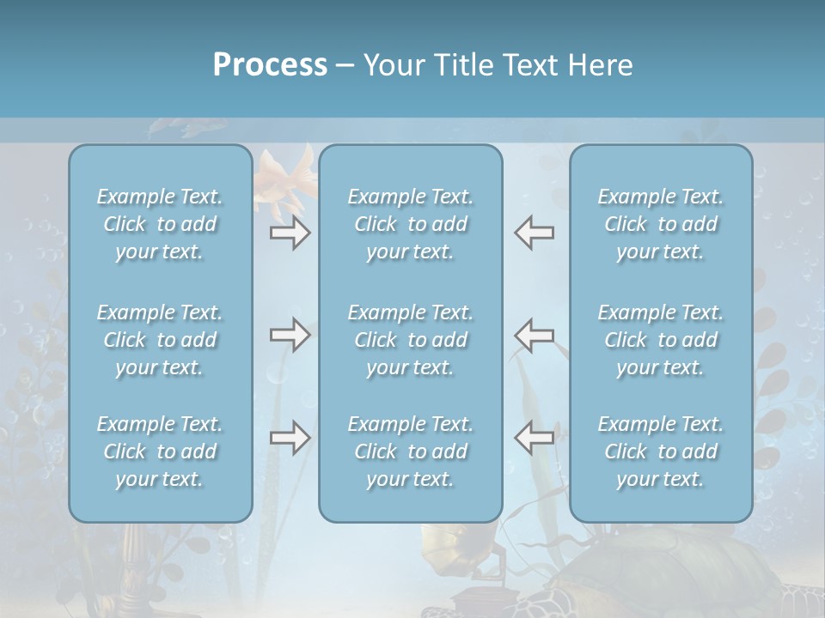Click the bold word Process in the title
pos(270,65)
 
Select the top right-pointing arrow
pos(290,233)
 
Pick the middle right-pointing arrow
pos(290,335)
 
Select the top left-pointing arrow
pos(534,233)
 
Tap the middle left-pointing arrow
pos(534,335)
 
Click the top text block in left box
pos(160,224)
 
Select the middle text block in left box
pos(160,340)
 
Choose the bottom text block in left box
pos(160,451)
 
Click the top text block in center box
pos(411,224)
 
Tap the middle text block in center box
pos(411,340)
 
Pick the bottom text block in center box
pos(411,451)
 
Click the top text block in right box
pos(661,224)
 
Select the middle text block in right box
pos(661,340)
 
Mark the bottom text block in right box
pos(661,451)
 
